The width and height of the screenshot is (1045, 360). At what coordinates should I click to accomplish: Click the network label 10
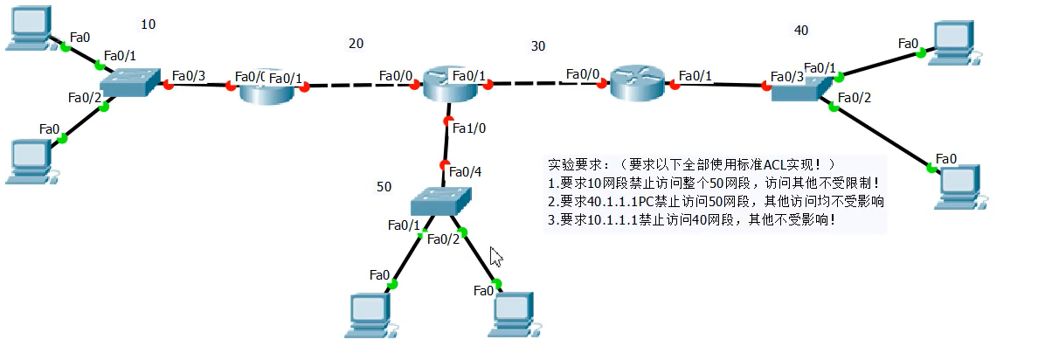tap(149, 24)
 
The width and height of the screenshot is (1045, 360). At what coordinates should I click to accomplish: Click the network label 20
tap(356, 44)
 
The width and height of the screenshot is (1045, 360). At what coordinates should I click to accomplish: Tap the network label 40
tap(800, 31)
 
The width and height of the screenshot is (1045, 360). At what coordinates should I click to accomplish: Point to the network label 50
tap(384, 187)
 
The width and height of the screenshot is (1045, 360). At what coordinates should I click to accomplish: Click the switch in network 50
tap(440, 202)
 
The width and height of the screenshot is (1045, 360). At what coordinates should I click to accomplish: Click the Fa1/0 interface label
tap(469, 128)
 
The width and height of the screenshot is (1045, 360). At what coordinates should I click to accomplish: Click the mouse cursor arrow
tap(495, 256)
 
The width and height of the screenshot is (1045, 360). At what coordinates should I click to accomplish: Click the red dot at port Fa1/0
tap(448, 121)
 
